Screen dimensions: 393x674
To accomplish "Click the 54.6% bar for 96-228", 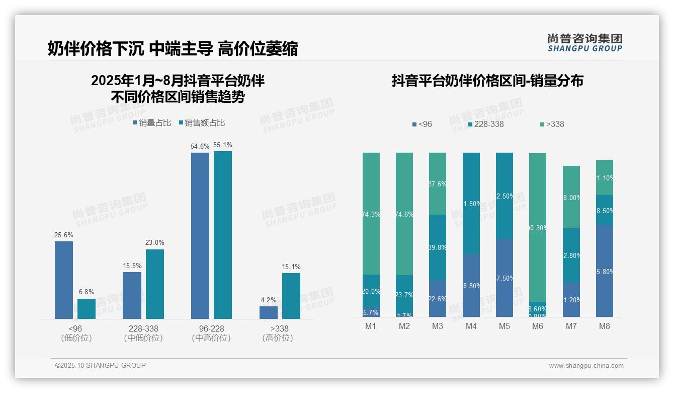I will click(x=200, y=235).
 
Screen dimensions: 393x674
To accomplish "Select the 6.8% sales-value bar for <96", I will click(x=87, y=308).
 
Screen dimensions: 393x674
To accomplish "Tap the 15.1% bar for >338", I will click(x=291, y=296).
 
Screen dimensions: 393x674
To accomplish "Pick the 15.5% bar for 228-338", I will click(x=132, y=295).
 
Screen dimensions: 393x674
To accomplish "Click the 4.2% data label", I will click(x=269, y=300).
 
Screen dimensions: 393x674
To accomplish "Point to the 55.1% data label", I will click(x=223, y=145).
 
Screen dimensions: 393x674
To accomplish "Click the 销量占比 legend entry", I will click(x=151, y=123).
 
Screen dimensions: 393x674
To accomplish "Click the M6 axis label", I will click(x=537, y=326).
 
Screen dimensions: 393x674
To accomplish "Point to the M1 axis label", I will click(x=371, y=326).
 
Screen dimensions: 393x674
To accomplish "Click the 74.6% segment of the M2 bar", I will click(x=404, y=214).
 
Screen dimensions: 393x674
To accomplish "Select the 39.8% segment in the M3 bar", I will click(x=437, y=247).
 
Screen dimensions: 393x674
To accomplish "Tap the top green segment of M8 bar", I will click(x=604, y=177).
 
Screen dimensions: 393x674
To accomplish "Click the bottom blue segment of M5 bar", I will click(x=504, y=278).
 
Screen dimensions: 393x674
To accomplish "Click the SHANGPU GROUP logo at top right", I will click(x=584, y=43).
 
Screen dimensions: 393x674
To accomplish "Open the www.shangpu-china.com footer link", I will click(x=586, y=366).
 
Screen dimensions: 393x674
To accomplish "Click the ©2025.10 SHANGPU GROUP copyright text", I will click(x=100, y=365).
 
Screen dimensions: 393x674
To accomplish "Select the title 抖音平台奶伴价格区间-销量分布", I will click(x=487, y=81).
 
